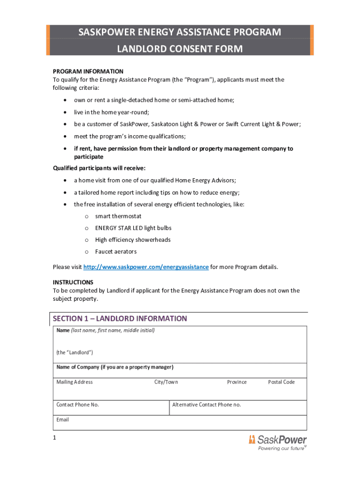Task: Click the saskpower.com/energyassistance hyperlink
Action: [146, 267]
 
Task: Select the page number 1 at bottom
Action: [55, 438]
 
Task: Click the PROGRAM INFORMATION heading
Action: [88, 72]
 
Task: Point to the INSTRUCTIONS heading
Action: [73, 283]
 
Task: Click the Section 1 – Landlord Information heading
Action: [120, 319]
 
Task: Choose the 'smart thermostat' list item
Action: [118, 217]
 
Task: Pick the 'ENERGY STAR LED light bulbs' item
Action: [133, 228]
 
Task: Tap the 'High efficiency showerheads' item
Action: [133, 240]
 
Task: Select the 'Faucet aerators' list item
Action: [116, 252]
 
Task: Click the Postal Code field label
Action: [281, 382]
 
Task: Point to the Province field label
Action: [237, 382]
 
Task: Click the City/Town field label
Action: [166, 382]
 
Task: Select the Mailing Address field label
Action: [75, 382]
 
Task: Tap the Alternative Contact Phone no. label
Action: [207, 405]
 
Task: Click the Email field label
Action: [63, 420]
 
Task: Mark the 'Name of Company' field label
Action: [115, 367]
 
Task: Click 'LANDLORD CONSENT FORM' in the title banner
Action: [180, 49]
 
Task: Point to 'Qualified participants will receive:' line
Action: [99, 168]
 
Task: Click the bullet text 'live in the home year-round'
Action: [111, 113]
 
